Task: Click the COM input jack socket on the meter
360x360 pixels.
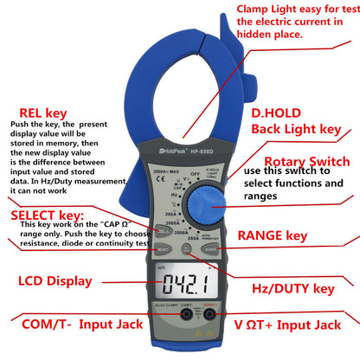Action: (187, 315)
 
